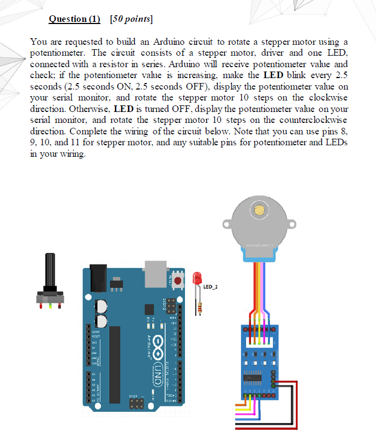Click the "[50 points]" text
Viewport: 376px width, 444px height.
[131, 19]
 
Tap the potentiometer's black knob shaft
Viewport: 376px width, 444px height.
[50, 270]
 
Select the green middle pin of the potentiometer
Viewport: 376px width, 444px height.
[51, 306]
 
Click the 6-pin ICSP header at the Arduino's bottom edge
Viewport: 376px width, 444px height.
[137, 404]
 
